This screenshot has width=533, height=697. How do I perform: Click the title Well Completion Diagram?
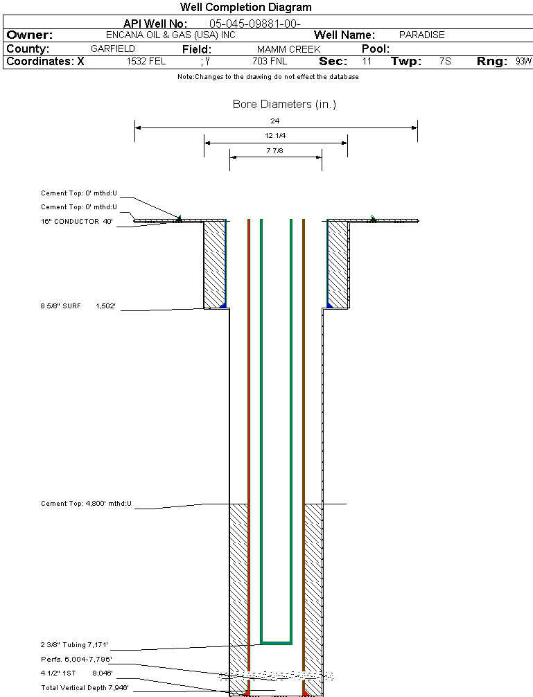pyautogui.click(x=245, y=8)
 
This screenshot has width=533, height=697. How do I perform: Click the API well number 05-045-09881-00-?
pyautogui.click(x=254, y=24)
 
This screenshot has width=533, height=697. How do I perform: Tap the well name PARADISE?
pyautogui.click(x=421, y=35)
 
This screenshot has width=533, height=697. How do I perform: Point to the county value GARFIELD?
pyautogui.click(x=113, y=49)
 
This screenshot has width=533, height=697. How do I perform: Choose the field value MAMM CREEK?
pyautogui.click(x=288, y=49)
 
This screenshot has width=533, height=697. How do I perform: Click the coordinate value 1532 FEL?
pyautogui.click(x=146, y=62)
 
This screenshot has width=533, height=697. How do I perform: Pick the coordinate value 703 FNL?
pyautogui.click(x=270, y=62)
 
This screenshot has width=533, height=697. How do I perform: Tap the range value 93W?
pyautogui.click(x=523, y=62)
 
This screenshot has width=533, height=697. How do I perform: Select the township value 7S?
pyautogui.click(x=445, y=62)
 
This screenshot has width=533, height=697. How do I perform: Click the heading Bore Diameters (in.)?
pyautogui.click(x=284, y=105)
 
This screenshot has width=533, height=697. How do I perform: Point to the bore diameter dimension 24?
pyautogui.click(x=275, y=121)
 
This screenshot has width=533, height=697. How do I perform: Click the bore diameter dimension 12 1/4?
pyautogui.click(x=275, y=136)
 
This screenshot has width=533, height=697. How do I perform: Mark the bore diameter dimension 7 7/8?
pyautogui.click(x=275, y=150)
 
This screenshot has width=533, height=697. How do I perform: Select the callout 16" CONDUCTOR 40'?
pyautogui.click(x=76, y=222)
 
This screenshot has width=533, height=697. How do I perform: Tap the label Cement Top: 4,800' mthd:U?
pyautogui.click(x=86, y=504)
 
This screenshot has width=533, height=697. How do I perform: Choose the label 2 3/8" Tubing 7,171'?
pyautogui.click(x=74, y=645)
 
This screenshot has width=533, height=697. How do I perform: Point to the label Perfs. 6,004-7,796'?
pyautogui.click(x=76, y=659)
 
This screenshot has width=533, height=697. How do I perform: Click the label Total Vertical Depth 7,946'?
pyautogui.click(x=85, y=687)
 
